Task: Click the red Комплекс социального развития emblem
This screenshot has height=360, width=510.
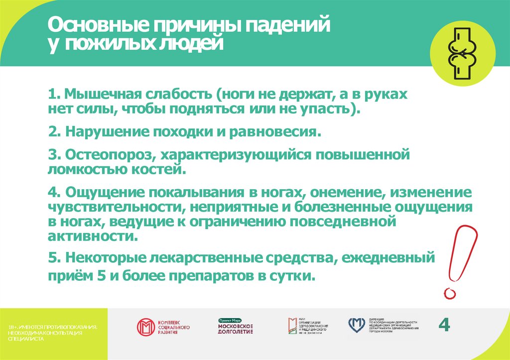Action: (x=146, y=327)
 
